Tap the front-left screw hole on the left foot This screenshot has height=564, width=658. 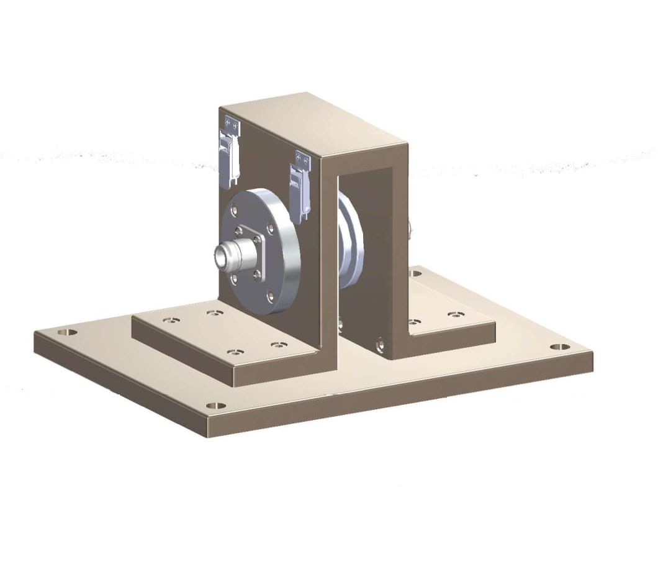[233, 352]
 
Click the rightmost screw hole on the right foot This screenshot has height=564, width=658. [456, 316]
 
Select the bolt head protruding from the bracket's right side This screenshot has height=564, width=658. [410, 230]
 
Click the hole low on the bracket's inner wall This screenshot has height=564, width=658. [380, 340]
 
